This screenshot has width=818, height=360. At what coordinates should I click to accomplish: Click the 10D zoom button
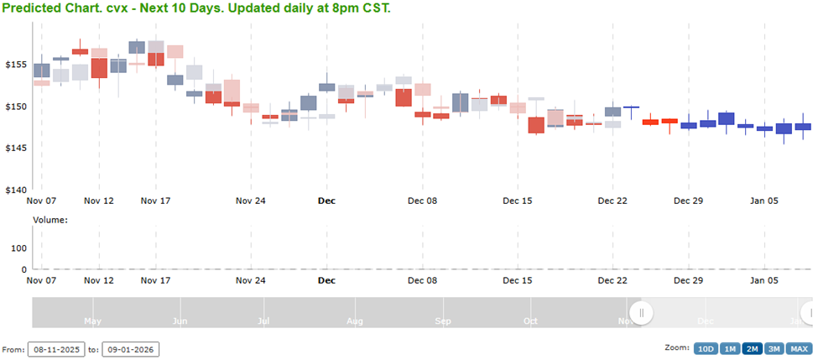705,349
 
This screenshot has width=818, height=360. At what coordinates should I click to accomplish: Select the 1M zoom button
729,349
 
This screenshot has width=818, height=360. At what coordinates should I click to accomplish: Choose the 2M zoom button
752,349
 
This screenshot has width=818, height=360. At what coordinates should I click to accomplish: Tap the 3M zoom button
774,349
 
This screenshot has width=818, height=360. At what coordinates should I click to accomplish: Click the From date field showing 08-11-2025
55,349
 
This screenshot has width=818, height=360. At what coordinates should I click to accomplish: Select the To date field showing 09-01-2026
130,349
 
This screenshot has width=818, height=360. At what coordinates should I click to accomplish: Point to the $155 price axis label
16,65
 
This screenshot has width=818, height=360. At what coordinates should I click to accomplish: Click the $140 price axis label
16,190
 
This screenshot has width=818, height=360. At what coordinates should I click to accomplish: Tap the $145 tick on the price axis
16,149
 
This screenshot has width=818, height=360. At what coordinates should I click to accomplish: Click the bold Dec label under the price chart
326,201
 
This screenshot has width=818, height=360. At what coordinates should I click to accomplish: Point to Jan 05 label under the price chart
764,201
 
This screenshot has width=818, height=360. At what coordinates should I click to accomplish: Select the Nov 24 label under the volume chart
250,281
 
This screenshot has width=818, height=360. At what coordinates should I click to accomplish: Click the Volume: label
49,220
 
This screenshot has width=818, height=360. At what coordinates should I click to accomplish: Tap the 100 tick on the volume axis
18,248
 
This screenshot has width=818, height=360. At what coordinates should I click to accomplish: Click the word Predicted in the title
32,8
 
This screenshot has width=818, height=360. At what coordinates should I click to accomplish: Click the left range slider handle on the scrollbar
642,313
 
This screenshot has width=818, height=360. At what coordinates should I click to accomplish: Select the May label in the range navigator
92,321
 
